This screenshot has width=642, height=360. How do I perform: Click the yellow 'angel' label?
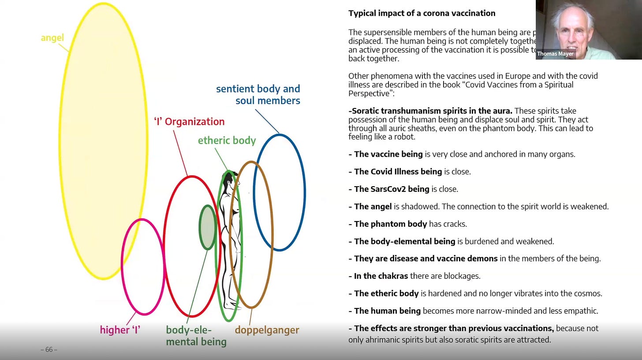click(x=52, y=38)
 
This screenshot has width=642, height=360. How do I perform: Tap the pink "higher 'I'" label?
click(x=120, y=330)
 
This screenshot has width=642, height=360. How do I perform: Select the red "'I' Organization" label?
click(x=189, y=122)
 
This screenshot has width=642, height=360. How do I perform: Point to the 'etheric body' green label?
click(x=227, y=141)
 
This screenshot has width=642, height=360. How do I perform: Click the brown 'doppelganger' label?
click(x=267, y=330)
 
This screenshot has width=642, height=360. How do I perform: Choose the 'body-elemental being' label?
click(x=196, y=336)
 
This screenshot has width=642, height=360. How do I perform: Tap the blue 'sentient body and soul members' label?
click(x=258, y=95)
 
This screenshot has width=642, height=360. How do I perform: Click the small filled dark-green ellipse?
click(x=207, y=227)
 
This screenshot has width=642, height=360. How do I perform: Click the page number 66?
click(x=49, y=350)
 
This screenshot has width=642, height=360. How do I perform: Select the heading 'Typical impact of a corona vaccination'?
click(x=422, y=13)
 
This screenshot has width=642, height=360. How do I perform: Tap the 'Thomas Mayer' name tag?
click(x=555, y=54)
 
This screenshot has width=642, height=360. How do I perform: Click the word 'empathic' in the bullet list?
click(x=582, y=311)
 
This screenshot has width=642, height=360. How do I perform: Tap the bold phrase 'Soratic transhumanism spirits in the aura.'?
click(x=431, y=111)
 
